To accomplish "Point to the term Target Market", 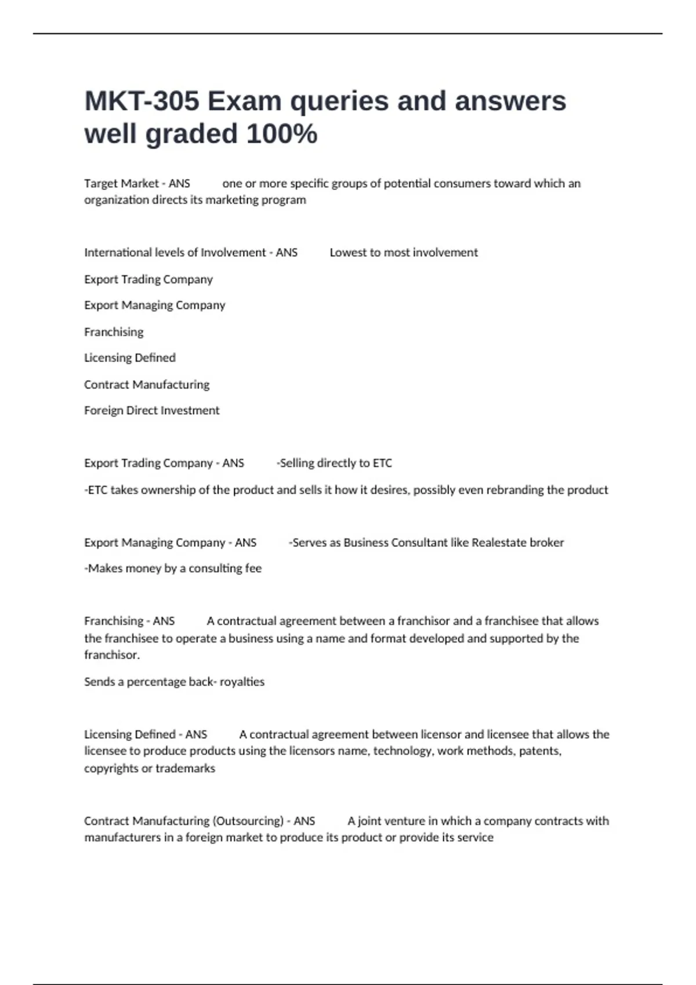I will pyautogui.click(x=121, y=184).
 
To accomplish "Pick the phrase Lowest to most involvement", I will pyautogui.click(x=404, y=253).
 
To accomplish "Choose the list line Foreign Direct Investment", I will pyautogui.click(x=151, y=411).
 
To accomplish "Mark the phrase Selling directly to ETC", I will pyautogui.click(x=335, y=464).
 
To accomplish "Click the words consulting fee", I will pyautogui.click(x=225, y=568).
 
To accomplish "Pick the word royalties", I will pyautogui.click(x=242, y=682).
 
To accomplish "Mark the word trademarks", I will pyautogui.click(x=185, y=768).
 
